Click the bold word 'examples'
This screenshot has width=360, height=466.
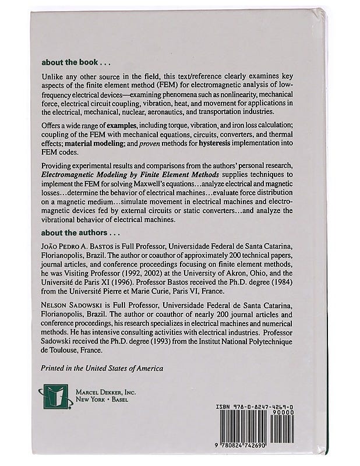(133, 127)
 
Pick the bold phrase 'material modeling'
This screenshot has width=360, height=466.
(98, 144)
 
